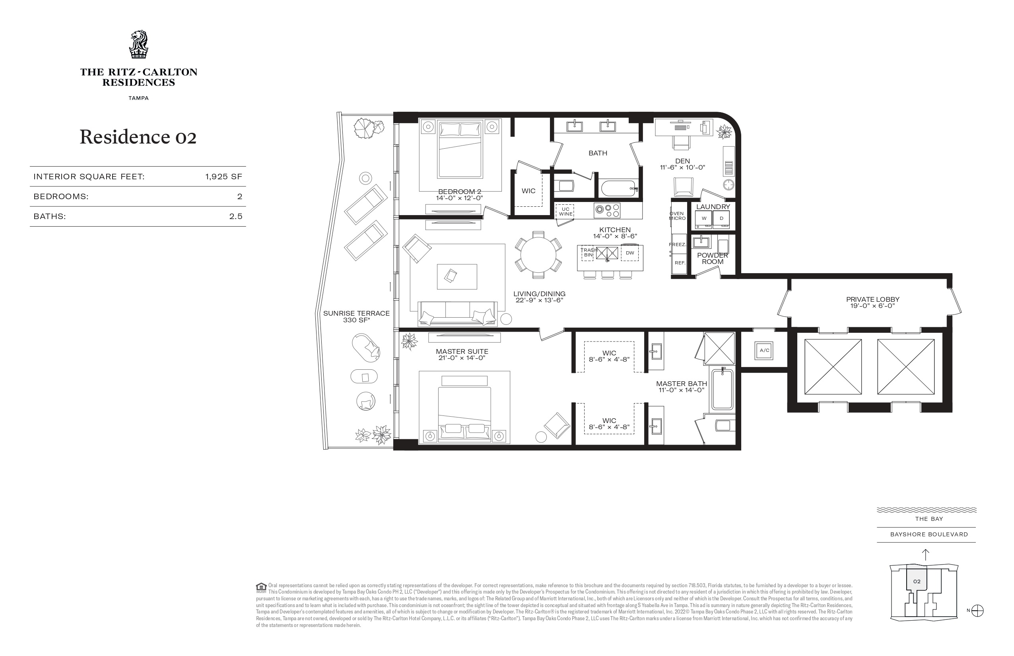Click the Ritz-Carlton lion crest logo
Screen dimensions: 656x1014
tap(138, 44)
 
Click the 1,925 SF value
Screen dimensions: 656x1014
tap(223, 177)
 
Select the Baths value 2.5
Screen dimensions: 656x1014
tap(235, 216)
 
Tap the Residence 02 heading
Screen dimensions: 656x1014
tap(138, 137)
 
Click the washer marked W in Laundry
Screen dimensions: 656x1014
tap(704, 219)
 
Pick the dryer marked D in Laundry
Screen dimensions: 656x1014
tap(721, 219)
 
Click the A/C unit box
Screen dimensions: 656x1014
tap(764, 351)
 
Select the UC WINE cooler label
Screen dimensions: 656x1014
tap(565, 212)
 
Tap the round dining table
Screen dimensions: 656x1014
tap(538, 255)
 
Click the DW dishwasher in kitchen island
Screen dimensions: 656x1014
tap(630, 253)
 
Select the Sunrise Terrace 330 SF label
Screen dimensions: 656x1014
tap(356, 316)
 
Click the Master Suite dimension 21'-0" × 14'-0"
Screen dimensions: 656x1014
tap(462, 358)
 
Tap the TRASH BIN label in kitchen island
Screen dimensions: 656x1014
tap(588, 252)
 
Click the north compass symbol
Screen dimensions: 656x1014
tap(977, 611)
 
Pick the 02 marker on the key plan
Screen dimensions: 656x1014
tap(917, 581)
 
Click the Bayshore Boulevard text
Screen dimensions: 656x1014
tap(929, 535)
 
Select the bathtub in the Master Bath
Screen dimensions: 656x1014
tap(722, 389)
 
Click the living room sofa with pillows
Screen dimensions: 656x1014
tap(458, 314)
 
